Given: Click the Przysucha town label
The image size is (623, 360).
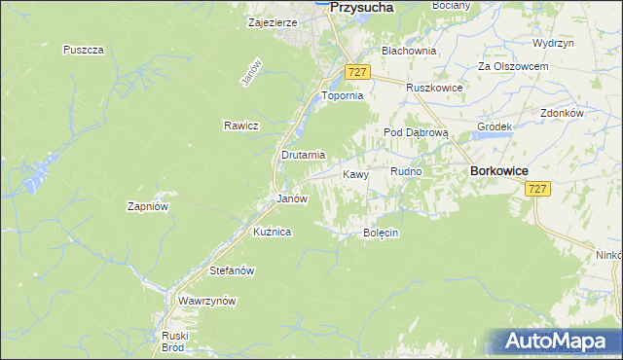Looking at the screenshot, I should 361,7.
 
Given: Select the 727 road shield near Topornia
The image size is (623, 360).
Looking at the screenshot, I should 357,73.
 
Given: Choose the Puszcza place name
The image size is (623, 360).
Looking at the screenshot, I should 83,50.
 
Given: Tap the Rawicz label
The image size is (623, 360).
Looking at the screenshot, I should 240,126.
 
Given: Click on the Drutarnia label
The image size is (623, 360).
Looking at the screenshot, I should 303,155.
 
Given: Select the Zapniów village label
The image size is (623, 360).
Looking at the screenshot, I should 149,206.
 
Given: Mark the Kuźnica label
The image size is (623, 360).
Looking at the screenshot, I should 273,232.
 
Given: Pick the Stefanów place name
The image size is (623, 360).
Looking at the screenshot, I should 232,270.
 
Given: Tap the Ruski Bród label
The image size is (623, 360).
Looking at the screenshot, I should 174,341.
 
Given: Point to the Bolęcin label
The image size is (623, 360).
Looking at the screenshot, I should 382,234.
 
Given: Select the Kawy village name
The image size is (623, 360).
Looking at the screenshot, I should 355,175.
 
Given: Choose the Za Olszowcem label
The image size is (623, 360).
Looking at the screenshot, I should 513,66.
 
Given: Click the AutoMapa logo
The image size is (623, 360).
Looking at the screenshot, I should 560,342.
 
